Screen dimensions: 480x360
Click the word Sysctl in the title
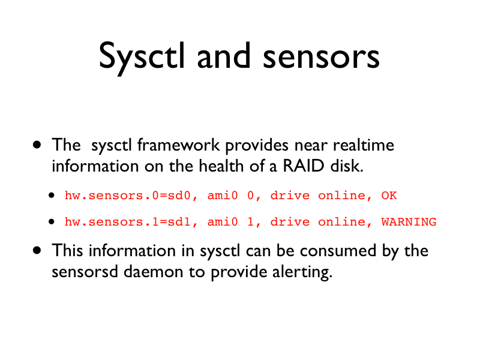pyautogui.click(x=142, y=58)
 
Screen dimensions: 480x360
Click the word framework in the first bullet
pyautogui.click(x=178, y=145)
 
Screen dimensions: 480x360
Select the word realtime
pyautogui.click(x=364, y=145)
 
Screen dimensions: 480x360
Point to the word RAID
pyautogui.click(x=304, y=166)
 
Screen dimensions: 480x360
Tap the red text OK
pyautogui.click(x=389, y=196)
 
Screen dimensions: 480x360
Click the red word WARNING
pyautogui.click(x=409, y=221)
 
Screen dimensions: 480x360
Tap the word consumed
pyautogui.click(x=338, y=251)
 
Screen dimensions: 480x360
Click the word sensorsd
pyautogui.click(x=85, y=272)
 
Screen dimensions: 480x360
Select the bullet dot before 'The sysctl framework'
pyautogui.click(x=37, y=145)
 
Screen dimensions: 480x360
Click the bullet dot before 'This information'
pyautogui.click(x=37, y=250)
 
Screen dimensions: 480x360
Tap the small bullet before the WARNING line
pyautogui.click(x=52, y=221)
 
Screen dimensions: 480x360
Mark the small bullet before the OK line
pyautogui.click(x=52, y=196)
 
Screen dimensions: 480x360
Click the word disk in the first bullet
pyautogui.click(x=347, y=166)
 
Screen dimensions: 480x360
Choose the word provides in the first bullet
pyautogui.click(x=257, y=145)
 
